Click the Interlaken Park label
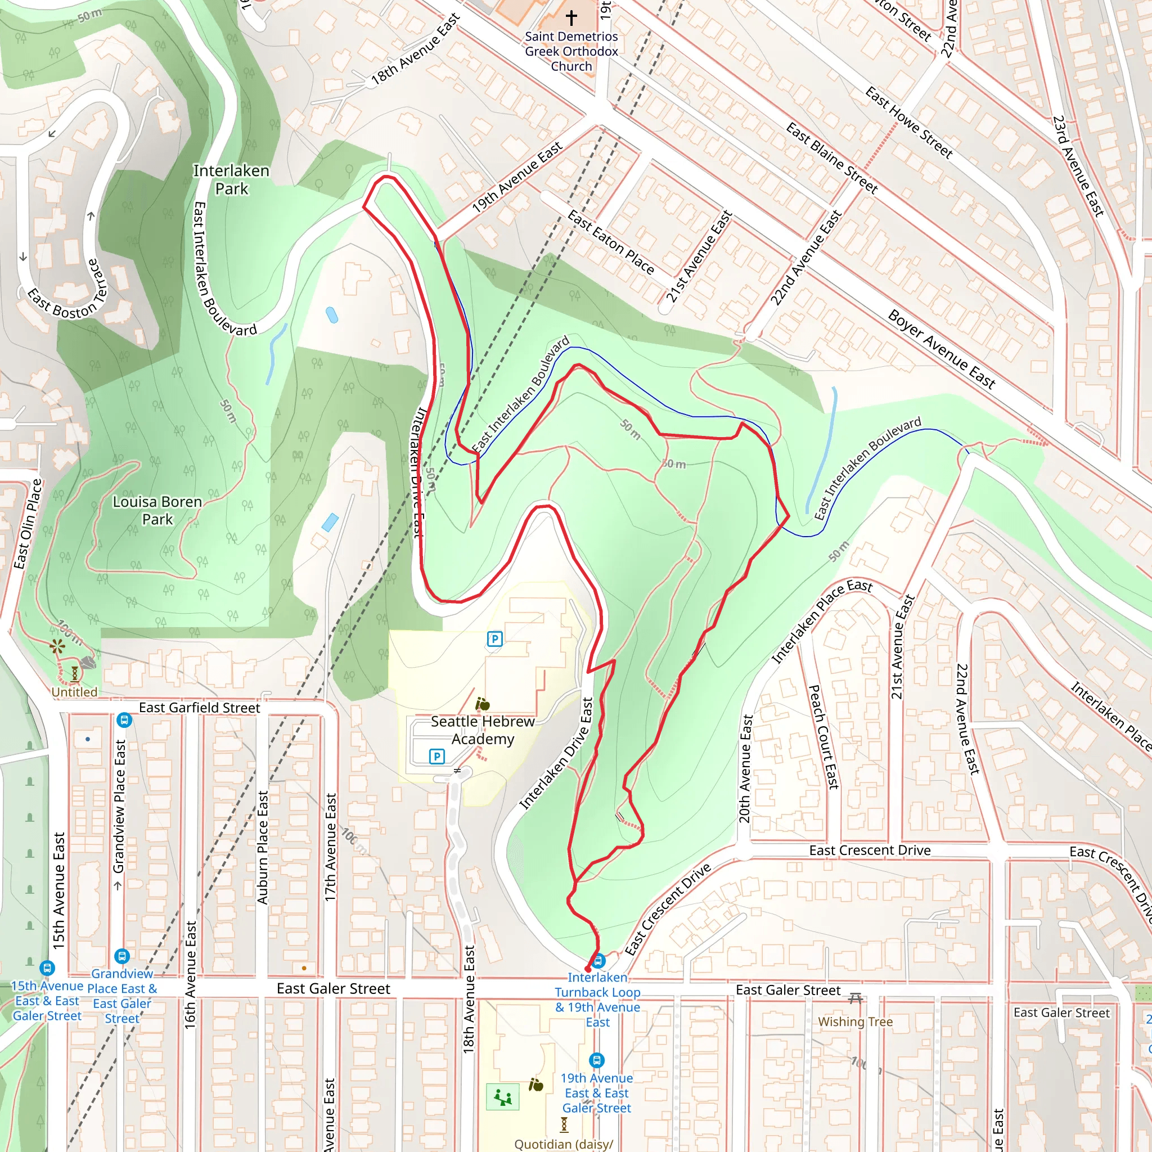point(231,179)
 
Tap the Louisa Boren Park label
point(157,510)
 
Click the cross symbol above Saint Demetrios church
point(571,18)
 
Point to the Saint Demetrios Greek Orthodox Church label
point(571,51)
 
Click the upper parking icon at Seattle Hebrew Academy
point(494,639)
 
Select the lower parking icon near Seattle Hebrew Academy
point(436,757)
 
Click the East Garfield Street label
point(199,708)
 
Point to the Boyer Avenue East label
point(941,349)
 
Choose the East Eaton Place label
point(610,242)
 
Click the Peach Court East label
point(823,737)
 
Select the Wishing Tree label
point(855,1021)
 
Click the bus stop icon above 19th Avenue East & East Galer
point(596,1060)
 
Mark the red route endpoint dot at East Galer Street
point(588,970)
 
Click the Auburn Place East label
point(263,847)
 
